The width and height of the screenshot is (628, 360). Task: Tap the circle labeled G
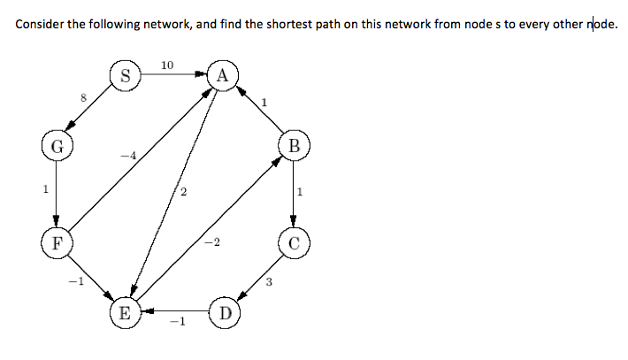[x=56, y=146]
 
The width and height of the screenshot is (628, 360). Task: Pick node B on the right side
[x=294, y=146]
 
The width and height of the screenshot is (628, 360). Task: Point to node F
[x=56, y=241]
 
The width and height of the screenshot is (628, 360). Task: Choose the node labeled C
[x=294, y=241]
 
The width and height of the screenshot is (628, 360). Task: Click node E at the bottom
[x=126, y=312]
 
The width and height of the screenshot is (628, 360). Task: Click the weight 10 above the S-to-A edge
[x=168, y=65]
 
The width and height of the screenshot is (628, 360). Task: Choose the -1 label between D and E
[x=175, y=324]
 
